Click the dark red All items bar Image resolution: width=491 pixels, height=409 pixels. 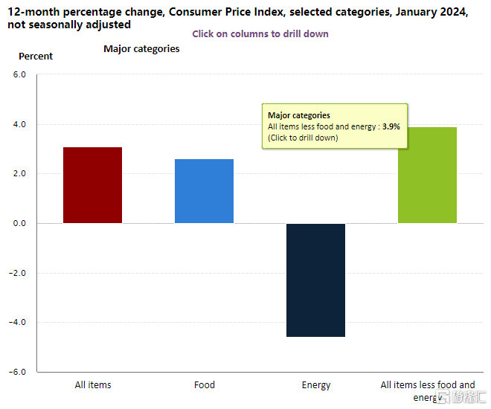tap(92, 185)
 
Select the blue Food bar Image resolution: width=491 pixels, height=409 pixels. tap(204, 191)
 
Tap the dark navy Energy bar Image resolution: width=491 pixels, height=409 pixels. tap(315, 280)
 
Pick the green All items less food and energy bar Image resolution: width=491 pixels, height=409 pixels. tap(427, 175)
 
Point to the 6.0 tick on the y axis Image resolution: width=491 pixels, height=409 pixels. tap(19, 74)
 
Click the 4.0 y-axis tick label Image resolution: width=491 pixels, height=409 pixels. tap(19, 124)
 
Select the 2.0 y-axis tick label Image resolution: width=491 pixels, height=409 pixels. tap(19, 174)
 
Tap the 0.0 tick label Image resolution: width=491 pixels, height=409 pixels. tap(19, 223)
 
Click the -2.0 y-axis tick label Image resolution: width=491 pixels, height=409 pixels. tap(17, 273)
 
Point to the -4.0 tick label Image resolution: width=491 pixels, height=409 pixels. tap(17, 322)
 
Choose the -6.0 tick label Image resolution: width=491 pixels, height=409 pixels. tap(17, 372)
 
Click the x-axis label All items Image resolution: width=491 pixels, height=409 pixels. tap(93, 385)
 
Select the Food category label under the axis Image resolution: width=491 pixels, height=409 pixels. tap(205, 385)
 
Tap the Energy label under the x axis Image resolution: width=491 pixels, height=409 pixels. tap(316, 385)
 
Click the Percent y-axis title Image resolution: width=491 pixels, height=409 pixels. tap(36, 57)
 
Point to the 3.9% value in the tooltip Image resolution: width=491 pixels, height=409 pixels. tap(391, 126)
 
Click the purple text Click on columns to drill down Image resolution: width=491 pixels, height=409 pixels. tap(260, 33)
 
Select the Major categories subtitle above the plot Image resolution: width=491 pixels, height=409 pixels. tap(141, 49)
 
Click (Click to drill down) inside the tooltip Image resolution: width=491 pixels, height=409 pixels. tap(303, 138)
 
